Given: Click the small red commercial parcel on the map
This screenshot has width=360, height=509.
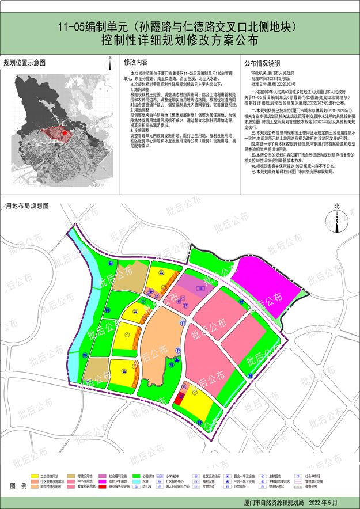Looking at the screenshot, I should pos(180,397).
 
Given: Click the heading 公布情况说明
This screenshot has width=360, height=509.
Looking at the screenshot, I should pos(262,63).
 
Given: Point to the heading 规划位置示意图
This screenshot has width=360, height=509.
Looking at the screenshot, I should pos(25,62).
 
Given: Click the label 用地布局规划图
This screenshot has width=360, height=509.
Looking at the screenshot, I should pos(27,206).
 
